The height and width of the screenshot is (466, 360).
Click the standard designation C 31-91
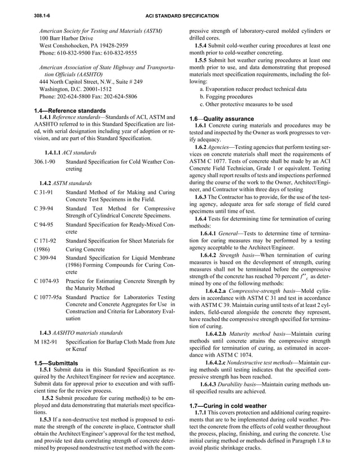[43, 192]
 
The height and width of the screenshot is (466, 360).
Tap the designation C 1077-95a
[49, 297]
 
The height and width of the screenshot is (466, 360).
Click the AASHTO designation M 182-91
[45, 341]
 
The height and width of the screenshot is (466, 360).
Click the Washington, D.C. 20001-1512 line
[75, 89]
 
